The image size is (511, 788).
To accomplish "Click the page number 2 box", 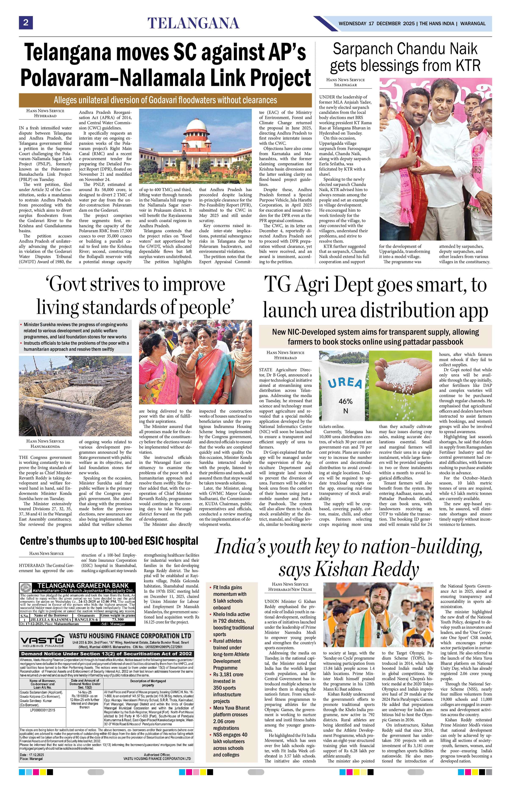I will tap(25, 23).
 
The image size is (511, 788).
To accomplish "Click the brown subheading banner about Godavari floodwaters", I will tap(165, 100).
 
